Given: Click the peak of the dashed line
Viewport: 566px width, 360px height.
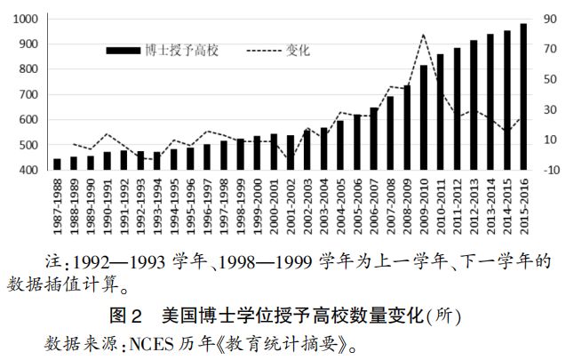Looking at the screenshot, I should coord(424,35).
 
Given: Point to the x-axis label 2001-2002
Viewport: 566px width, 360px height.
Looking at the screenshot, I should coord(291,207).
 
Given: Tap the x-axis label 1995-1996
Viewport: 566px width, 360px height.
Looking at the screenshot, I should coord(191,207).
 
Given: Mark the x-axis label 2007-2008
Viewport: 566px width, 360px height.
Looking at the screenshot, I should coord(390,207).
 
